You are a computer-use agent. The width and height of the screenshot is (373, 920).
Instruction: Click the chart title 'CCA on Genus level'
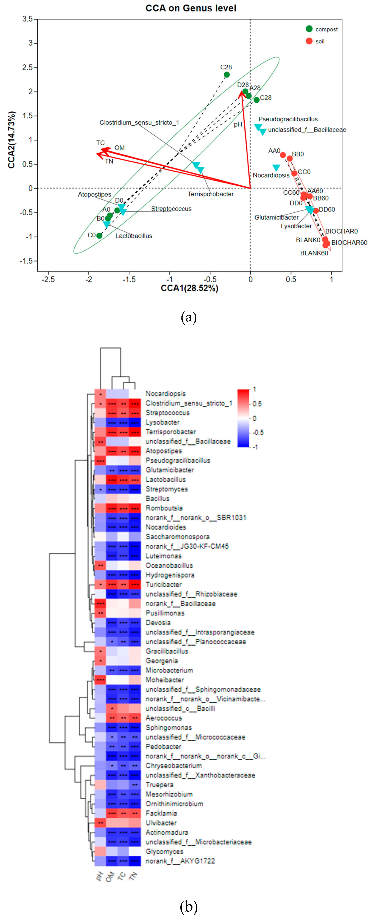(x=191, y=8)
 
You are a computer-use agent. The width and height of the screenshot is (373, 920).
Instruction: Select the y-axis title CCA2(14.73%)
(x=12, y=140)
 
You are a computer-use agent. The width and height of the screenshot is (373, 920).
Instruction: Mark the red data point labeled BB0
(x=290, y=159)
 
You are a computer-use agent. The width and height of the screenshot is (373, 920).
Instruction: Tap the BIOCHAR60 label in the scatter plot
(x=349, y=243)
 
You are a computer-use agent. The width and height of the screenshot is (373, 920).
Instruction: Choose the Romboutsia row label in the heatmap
(x=164, y=508)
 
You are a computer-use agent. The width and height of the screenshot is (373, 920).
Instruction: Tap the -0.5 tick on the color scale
(x=258, y=433)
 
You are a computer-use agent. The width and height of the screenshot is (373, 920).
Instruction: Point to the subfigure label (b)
(x=188, y=906)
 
